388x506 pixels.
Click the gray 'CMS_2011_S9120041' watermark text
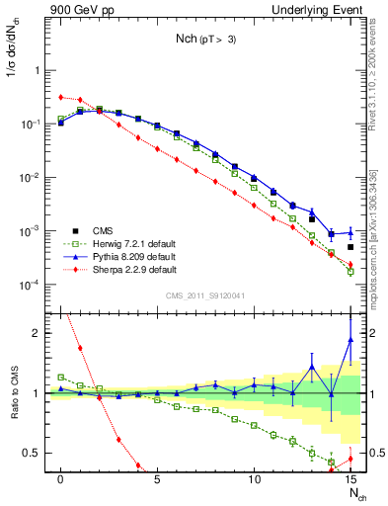coord(207,294)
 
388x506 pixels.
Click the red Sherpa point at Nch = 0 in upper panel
coord(61,97)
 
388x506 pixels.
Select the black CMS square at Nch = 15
coord(350,247)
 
